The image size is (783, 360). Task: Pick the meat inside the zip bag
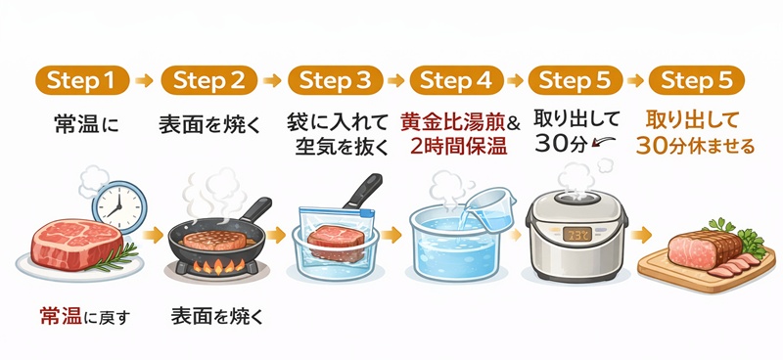pos(338,239)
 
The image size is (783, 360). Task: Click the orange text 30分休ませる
pos(695,147)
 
